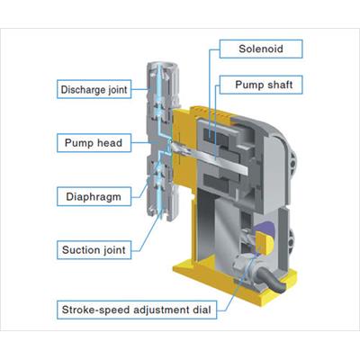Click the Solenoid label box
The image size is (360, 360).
[261, 49]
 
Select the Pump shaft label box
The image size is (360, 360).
[261, 85]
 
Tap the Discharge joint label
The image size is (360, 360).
[94, 89]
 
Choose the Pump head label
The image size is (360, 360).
[94, 143]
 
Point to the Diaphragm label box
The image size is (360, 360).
[94, 196]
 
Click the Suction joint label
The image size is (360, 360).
[94, 250]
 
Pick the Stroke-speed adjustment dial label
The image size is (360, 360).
[137, 310]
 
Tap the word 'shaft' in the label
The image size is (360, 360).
[280, 85]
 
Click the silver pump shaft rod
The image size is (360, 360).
[210, 158]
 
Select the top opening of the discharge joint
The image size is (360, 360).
[162, 66]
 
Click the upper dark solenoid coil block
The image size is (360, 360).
[215, 135]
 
